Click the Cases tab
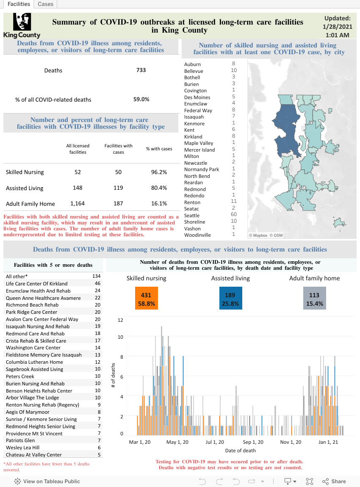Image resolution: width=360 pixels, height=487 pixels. [45, 4]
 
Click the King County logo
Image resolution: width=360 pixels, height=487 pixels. [22, 25]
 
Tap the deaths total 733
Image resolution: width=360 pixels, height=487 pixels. [141, 70]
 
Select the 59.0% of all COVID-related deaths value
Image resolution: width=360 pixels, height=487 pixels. [141, 100]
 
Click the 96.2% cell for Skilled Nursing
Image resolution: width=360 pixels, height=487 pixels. [159, 172]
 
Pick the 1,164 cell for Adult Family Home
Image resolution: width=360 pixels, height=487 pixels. [78, 203]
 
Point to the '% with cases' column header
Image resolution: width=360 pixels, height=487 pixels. [159, 149]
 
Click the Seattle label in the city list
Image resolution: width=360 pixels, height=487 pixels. [192, 216]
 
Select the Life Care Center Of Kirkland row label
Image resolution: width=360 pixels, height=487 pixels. [37, 284]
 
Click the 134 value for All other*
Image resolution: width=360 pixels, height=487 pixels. [96, 276]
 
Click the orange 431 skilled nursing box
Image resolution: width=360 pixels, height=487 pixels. [146, 298]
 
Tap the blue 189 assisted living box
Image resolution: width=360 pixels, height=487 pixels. [230, 298]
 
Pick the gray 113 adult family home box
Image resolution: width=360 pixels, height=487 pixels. [315, 298]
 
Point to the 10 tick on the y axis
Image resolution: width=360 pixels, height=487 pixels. [120, 337]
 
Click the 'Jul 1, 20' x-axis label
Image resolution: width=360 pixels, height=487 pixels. [215, 442]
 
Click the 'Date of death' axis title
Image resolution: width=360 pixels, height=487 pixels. [241, 451]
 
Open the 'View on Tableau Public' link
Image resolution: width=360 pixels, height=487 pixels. [47, 481]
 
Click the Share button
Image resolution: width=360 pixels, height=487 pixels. [334, 481]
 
